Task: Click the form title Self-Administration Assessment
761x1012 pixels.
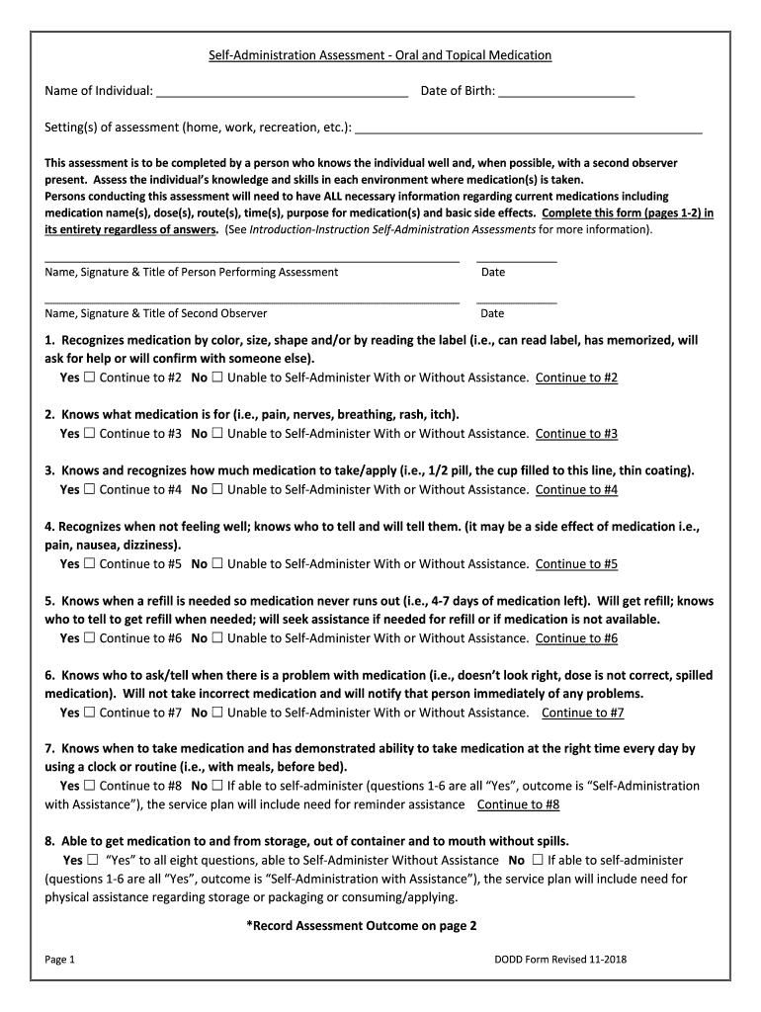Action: point(380,55)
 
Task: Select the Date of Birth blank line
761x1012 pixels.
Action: point(566,96)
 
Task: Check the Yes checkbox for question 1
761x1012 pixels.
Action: point(89,378)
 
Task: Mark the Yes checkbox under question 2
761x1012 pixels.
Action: point(89,434)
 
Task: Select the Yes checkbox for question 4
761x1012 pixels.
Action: point(89,564)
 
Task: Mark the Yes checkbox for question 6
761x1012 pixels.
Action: point(89,713)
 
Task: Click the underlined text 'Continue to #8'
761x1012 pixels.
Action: point(518,805)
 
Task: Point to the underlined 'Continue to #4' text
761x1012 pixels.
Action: point(576,490)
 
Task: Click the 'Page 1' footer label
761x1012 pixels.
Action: point(60,960)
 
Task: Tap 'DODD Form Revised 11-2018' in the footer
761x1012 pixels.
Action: point(560,960)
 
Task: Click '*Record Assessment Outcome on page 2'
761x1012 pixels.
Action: point(361,926)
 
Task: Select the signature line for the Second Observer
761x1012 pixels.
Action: point(252,300)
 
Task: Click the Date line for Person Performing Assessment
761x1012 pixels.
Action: point(516,259)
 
